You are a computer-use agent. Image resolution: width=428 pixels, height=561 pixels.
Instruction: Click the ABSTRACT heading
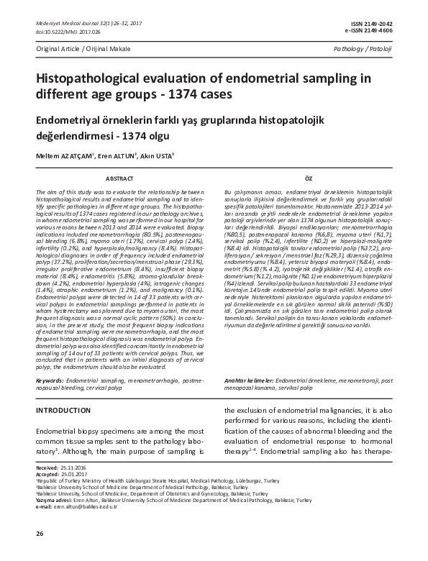(119, 177)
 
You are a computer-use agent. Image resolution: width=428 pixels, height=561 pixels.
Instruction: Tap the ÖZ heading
(308, 177)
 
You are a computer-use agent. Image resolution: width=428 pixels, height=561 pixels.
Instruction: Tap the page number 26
(40, 533)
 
